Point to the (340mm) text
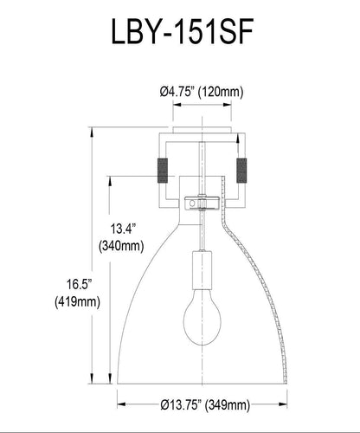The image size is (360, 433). point(122,247)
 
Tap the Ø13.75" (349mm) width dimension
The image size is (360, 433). point(205,405)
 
